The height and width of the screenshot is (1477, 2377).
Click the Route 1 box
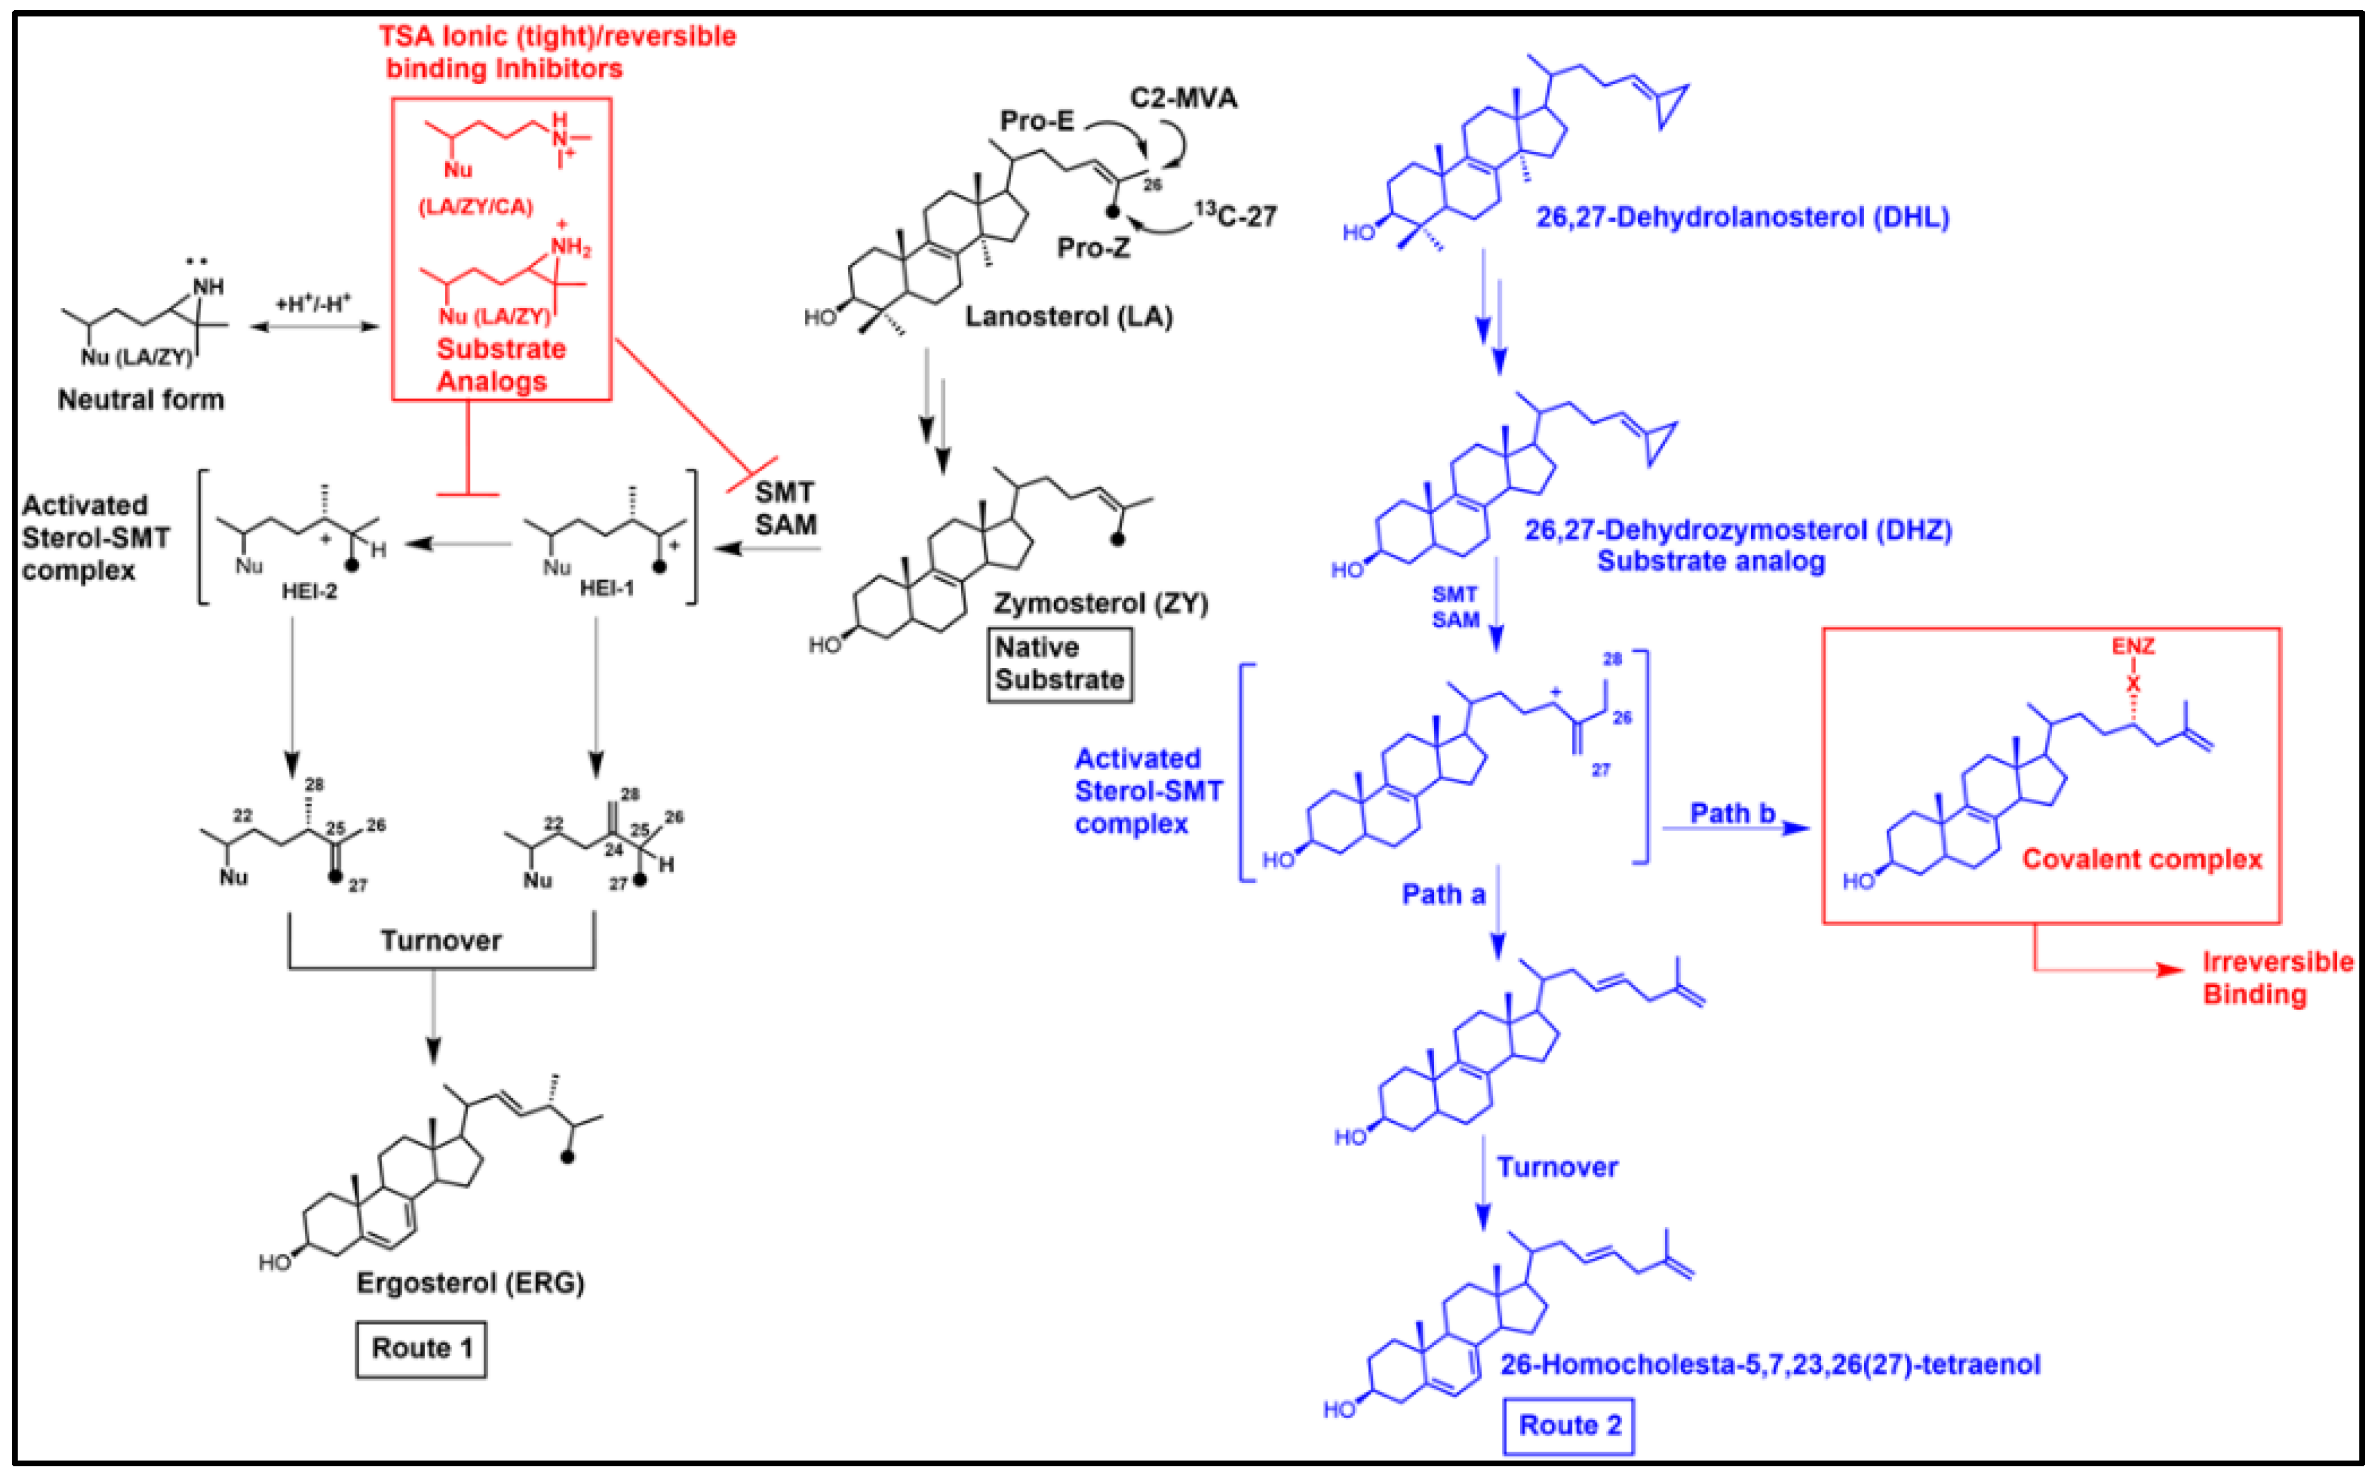click(421, 1349)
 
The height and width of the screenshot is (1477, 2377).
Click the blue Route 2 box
click(1568, 1425)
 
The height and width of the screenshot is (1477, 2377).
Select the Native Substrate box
click(1060, 664)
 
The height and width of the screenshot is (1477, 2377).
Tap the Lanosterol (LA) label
click(1069, 316)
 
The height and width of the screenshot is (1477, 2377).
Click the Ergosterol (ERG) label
click(470, 1283)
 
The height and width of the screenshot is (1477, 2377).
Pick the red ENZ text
click(2133, 646)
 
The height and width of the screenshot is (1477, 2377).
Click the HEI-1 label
click(606, 588)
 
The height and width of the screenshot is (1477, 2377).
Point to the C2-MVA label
click(1182, 97)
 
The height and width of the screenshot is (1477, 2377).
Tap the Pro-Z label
click(1093, 247)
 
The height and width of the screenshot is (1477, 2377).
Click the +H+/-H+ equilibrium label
click(314, 304)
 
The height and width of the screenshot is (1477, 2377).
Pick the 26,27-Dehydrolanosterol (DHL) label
click(1741, 217)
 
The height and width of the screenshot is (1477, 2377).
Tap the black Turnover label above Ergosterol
click(441, 941)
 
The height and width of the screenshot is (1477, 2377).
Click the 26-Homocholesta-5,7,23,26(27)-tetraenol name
click(1769, 1364)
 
